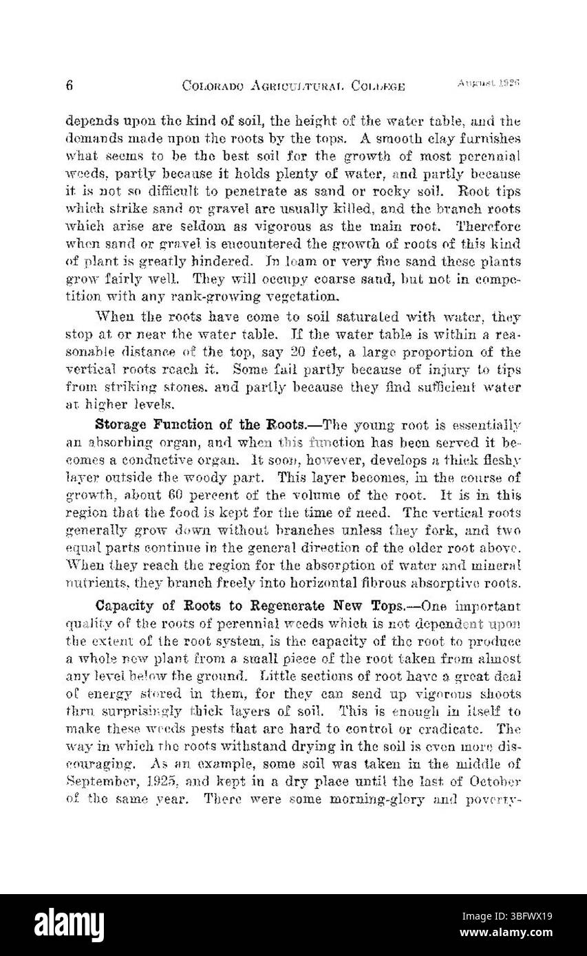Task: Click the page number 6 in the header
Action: [70, 85]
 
